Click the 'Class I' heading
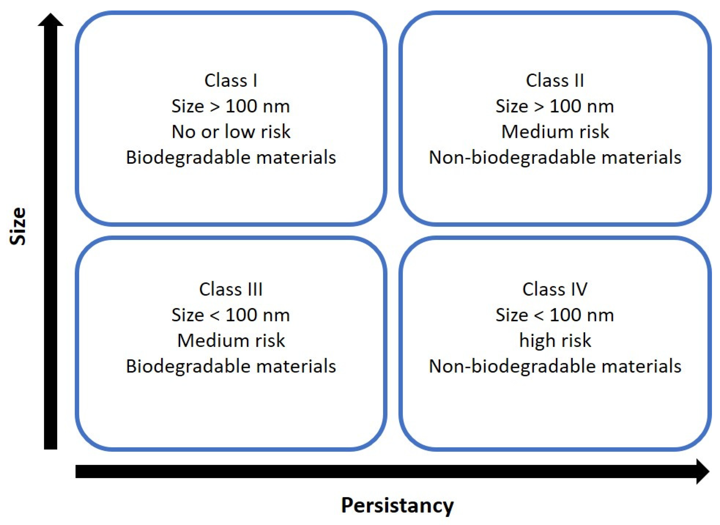(x=231, y=80)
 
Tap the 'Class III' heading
(x=231, y=289)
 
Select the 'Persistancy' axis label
(x=397, y=505)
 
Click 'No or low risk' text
(x=231, y=132)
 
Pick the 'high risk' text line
(x=555, y=340)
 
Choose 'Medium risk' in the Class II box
(x=555, y=132)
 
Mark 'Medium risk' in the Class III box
(x=231, y=340)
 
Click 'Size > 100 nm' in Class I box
(x=231, y=106)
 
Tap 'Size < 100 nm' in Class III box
(x=231, y=315)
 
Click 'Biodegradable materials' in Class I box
(x=231, y=158)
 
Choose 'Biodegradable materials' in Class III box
(x=231, y=366)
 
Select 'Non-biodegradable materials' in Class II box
(x=555, y=158)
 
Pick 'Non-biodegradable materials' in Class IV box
(x=555, y=366)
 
